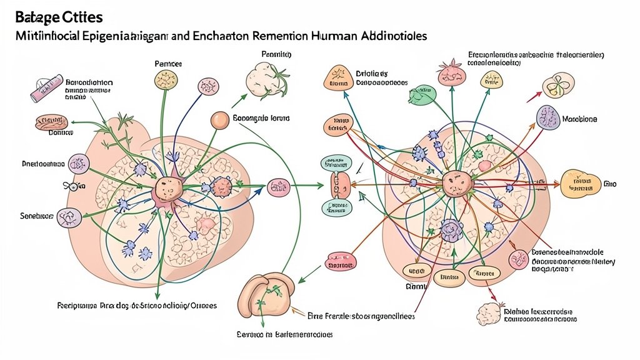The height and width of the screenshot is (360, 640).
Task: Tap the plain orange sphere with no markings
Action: [219, 120]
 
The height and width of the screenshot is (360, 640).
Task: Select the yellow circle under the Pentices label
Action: [166, 80]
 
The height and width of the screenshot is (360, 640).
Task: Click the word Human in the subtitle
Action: [335, 36]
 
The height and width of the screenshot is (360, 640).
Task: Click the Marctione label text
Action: [579, 119]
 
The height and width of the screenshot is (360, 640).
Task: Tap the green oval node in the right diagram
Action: [422, 95]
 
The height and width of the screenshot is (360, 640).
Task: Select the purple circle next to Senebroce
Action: [68, 217]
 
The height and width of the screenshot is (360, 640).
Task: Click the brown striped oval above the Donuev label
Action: [51, 122]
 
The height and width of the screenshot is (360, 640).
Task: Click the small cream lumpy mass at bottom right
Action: [489, 312]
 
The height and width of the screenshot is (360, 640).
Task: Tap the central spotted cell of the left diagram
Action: [167, 186]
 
